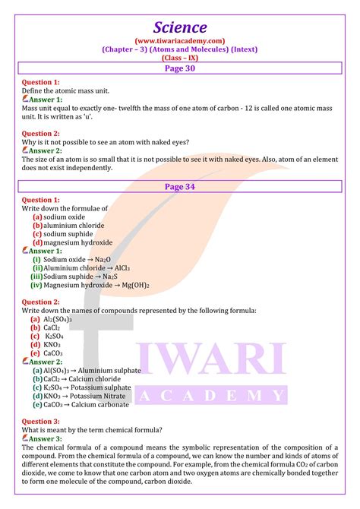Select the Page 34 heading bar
click(x=180, y=186)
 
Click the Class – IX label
click(x=180, y=57)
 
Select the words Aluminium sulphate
click(x=112, y=371)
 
